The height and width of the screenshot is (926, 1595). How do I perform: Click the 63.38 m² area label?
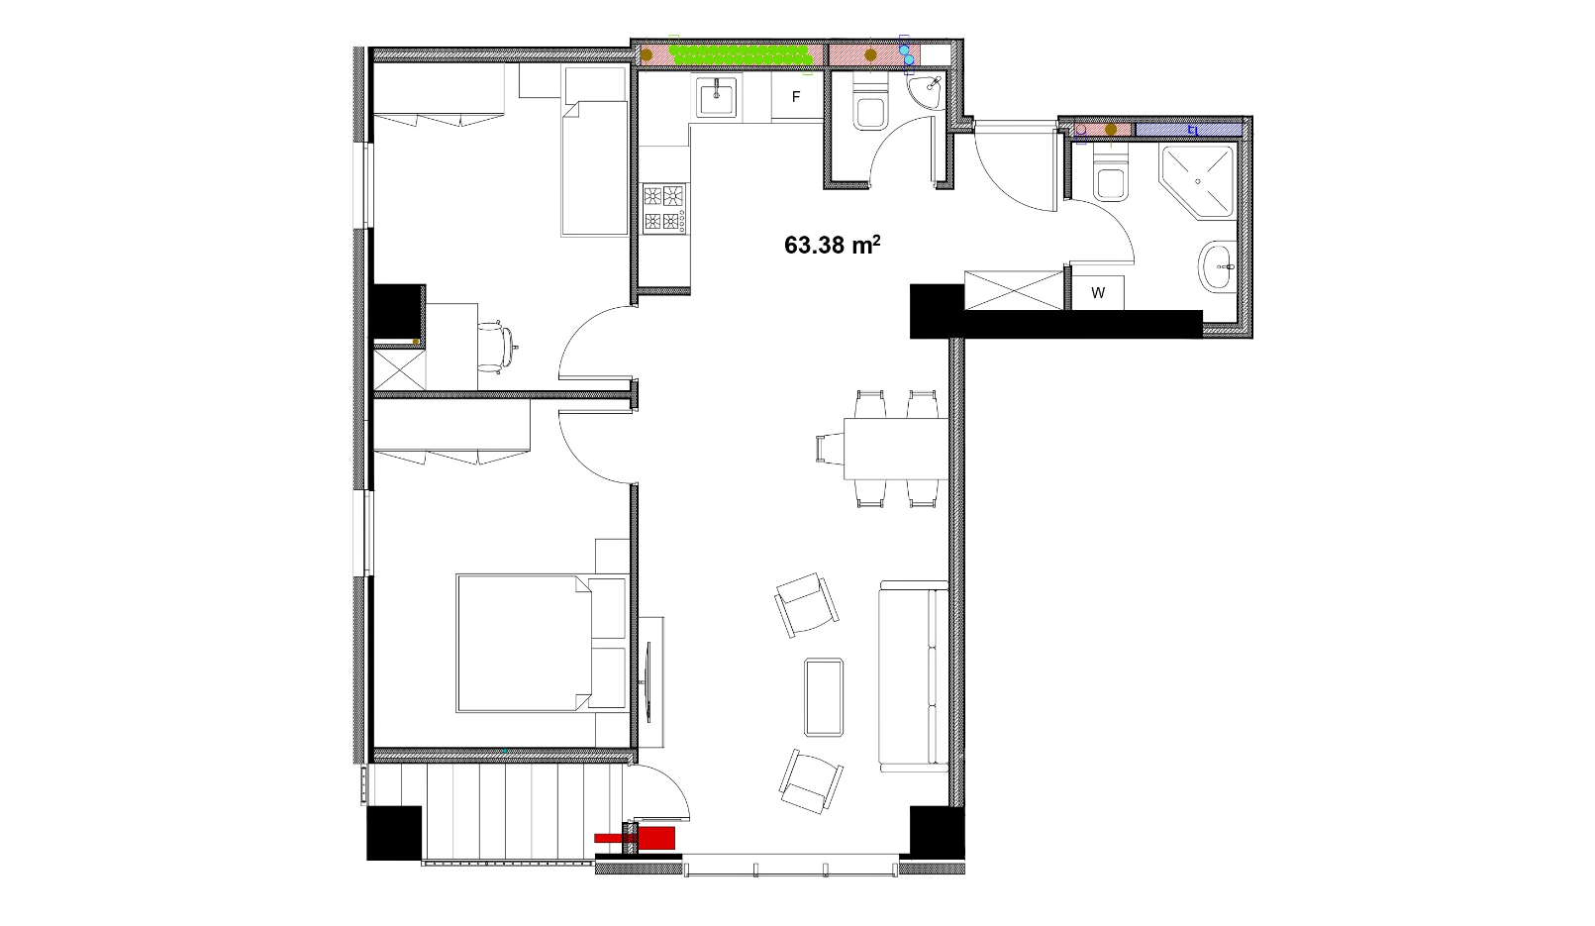tap(832, 245)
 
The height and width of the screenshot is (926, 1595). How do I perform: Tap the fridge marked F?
tap(797, 96)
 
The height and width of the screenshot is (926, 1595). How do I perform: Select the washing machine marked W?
tap(1098, 293)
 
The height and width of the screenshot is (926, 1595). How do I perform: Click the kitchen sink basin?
tap(718, 97)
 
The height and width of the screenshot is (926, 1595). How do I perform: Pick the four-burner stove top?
tap(664, 209)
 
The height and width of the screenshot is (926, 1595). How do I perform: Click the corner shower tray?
tap(1196, 181)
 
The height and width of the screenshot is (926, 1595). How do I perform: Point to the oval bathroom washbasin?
tap(1217, 266)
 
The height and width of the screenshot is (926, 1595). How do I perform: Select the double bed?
tap(542, 643)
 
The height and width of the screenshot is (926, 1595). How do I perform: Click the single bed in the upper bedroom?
tap(595, 168)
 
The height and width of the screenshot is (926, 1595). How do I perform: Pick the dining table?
tap(896, 449)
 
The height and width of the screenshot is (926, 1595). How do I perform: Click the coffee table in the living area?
tap(824, 697)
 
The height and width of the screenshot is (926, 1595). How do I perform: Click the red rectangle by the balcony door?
tap(636, 839)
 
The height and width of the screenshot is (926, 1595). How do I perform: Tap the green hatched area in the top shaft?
tap(742, 54)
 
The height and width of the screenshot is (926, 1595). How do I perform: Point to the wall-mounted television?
tap(648, 682)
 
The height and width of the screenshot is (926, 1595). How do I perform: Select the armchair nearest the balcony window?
tap(811, 781)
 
